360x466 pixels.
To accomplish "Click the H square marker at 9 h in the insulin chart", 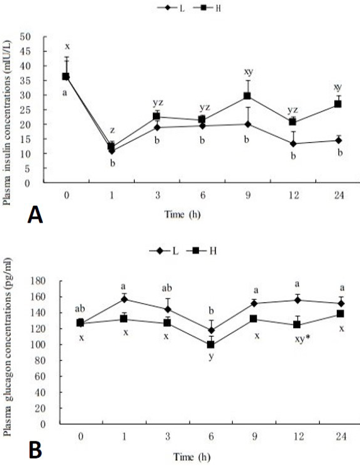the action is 247,96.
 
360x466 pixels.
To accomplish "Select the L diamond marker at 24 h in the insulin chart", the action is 338,140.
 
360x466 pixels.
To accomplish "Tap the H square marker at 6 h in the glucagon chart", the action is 211,345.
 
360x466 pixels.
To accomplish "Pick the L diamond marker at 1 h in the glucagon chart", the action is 125,299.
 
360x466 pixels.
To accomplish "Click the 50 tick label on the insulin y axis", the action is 25,37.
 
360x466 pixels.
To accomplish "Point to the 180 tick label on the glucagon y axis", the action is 39,281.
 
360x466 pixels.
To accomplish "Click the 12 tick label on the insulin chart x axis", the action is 293,195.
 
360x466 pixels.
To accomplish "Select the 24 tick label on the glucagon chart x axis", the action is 341,436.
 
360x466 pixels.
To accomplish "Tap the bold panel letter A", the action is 35,215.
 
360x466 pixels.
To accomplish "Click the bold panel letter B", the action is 35,450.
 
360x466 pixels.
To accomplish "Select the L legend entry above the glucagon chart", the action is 164,251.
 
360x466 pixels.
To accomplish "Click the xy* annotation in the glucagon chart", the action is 303,339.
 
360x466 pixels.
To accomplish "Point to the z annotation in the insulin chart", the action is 113,130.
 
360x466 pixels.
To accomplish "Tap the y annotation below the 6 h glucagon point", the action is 211,357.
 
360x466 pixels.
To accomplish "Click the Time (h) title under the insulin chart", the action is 183,214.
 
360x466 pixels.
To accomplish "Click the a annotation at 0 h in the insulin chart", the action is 65,92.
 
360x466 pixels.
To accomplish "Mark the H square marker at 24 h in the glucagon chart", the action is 340,314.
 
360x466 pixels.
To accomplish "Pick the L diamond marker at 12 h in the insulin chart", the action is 293,144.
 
